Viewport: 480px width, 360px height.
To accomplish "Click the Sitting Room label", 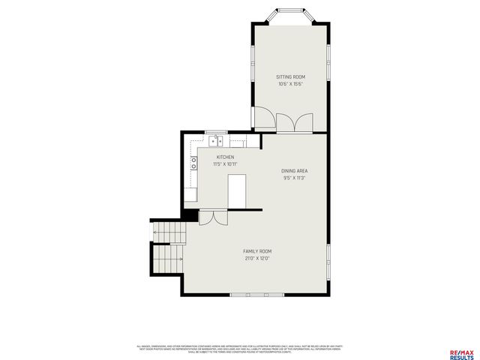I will coord(290,76).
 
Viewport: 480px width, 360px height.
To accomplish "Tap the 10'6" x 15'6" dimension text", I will coord(290,83).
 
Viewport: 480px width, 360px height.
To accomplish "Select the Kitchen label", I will coord(226,157).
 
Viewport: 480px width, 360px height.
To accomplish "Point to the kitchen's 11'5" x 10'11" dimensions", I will coord(226,164).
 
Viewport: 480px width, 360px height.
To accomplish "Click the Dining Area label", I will coord(295,171).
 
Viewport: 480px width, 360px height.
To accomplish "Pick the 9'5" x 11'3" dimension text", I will coord(295,178).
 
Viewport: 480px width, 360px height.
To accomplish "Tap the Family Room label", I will coord(256,251).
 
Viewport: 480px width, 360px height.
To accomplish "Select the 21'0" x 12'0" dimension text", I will coord(256,258).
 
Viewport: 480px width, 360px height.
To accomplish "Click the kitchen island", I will coord(238,190).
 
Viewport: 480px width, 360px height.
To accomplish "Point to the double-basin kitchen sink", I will coord(217,140).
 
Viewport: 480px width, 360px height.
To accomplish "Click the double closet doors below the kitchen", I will coord(211,217).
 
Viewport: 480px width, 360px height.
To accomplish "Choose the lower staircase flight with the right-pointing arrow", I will coord(167,259).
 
